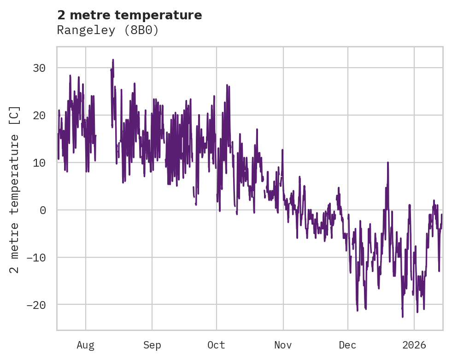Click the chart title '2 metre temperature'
[129, 15]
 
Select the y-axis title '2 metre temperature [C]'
[15, 190]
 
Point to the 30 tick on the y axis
[39, 68]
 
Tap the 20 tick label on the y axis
[39, 116]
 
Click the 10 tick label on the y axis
[39, 163]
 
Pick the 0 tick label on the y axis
[42, 210]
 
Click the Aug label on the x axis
[85, 345]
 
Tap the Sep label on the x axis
[152, 345]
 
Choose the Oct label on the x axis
[216, 345]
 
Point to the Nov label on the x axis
[283, 345]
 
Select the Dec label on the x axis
[347, 345]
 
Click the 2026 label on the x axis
[414, 345]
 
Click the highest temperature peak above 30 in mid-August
[112, 60]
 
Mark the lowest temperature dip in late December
[402, 316]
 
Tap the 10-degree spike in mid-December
[388, 163]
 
